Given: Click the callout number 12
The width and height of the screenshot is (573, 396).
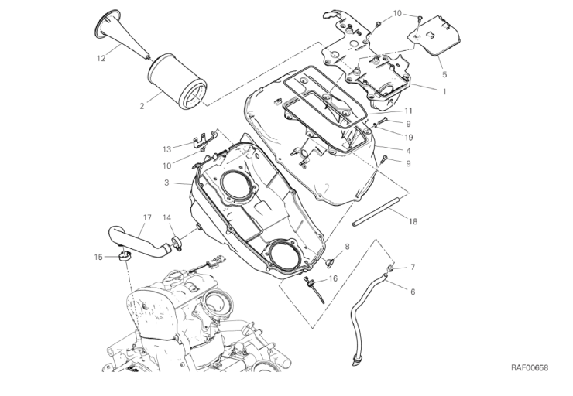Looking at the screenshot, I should click(x=101, y=58).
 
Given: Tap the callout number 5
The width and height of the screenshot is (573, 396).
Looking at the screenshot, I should click(x=444, y=75).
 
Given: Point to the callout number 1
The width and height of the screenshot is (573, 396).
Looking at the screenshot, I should click(x=444, y=91).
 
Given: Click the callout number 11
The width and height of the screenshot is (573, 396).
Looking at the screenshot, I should click(x=407, y=110).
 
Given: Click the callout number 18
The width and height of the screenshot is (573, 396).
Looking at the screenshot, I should click(x=413, y=221).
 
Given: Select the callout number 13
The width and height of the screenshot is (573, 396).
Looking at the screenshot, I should click(x=166, y=148).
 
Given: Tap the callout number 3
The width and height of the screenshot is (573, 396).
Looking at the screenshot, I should click(x=166, y=183).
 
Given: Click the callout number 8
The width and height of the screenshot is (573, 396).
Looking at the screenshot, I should click(x=347, y=247).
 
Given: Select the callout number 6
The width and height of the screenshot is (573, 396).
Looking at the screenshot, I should click(x=412, y=292).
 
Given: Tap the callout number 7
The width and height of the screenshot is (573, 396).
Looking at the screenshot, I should click(x=413, y=267).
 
